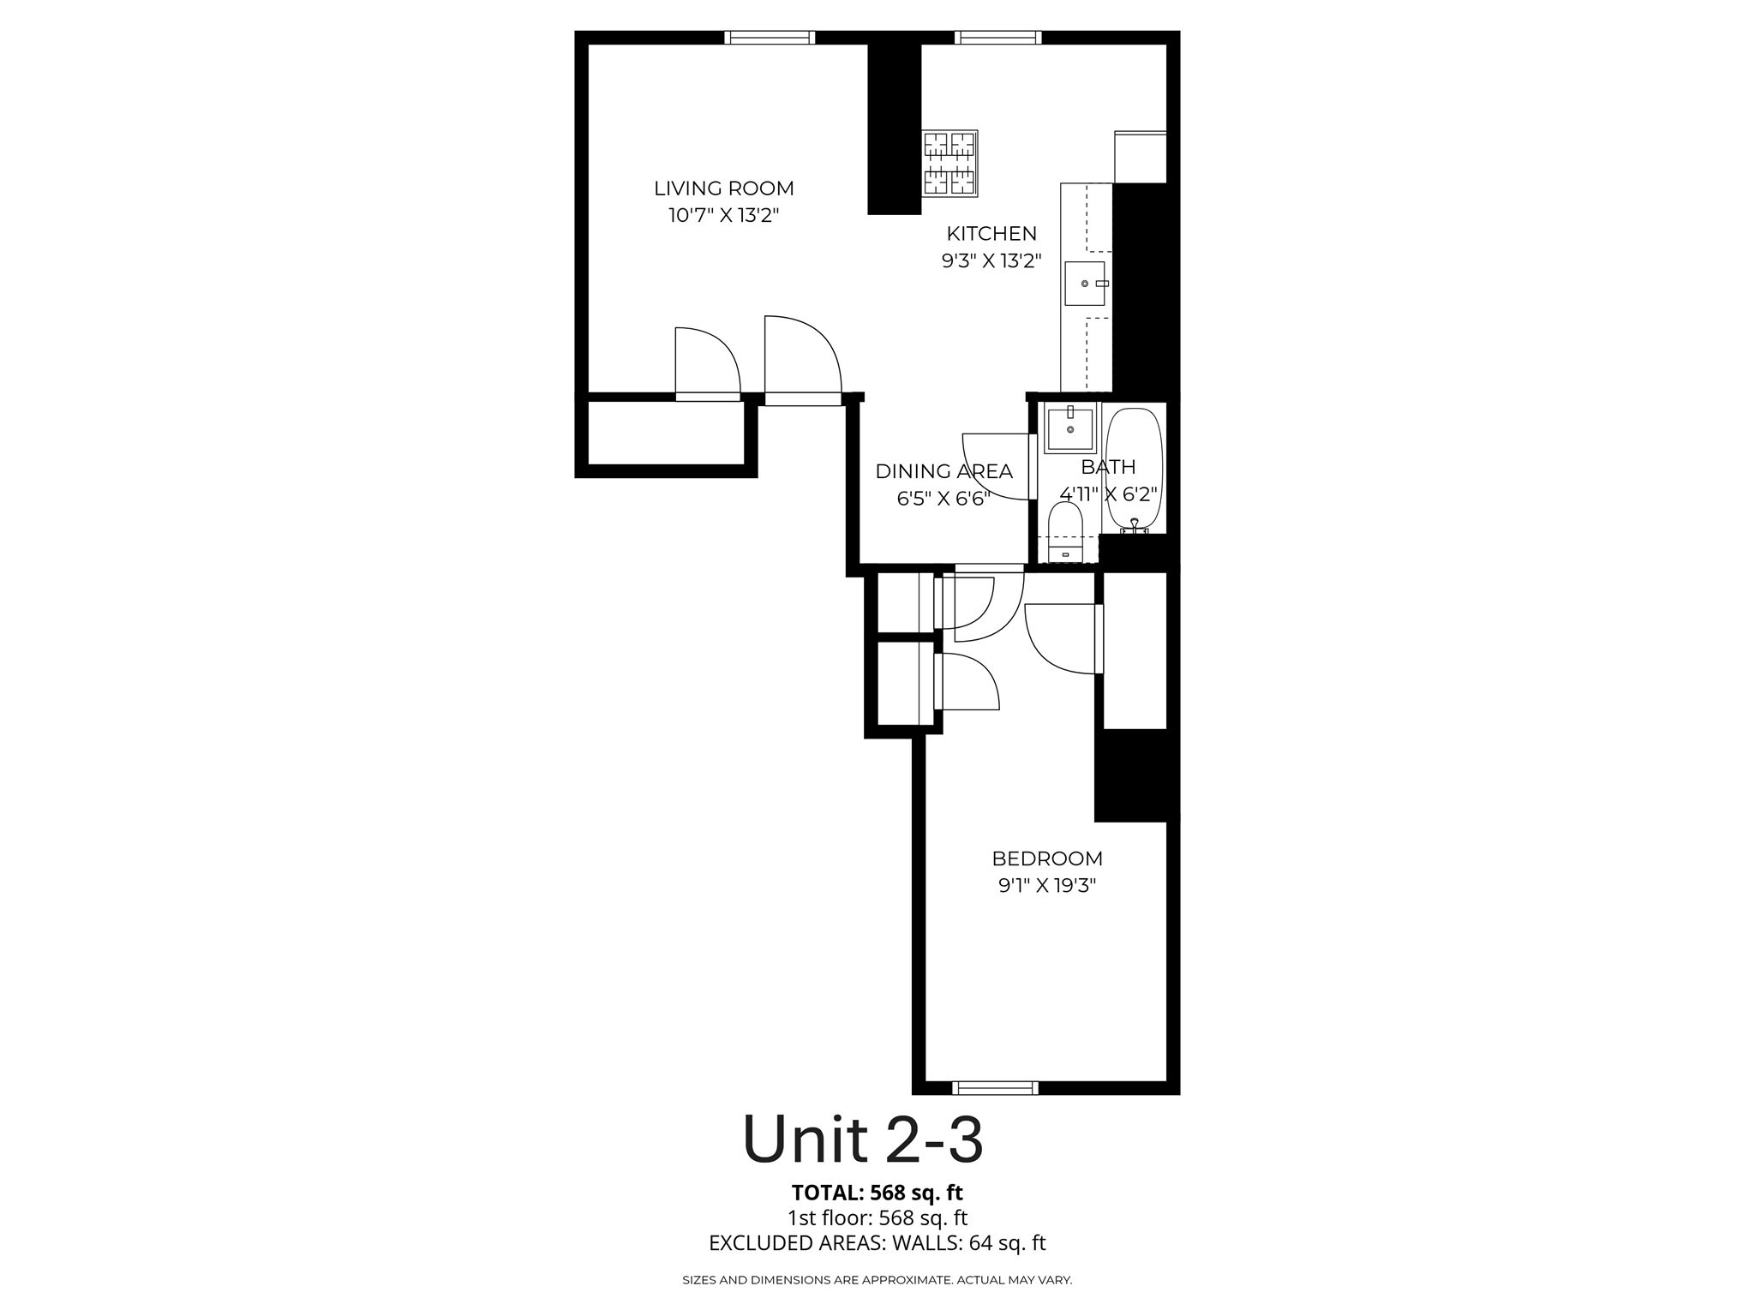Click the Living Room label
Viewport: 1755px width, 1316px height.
[x=724, y=188]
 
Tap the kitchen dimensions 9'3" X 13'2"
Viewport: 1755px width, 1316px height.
[x=991, y=260]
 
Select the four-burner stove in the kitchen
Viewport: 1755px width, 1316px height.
[x=950, y=163]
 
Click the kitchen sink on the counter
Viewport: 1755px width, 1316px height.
[x=1085, y=284]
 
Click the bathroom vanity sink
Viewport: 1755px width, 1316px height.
[x=1070, y=429]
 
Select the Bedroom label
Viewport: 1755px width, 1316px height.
[x=1047, y=858]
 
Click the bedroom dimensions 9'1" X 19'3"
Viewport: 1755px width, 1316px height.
[x=1047, y=886]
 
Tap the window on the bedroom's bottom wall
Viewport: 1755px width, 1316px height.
[x=995, y=1088]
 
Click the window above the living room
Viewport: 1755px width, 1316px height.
[x=770, y=37]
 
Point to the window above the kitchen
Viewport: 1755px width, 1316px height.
[x=998, y=37]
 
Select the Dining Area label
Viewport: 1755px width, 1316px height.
[x=943, y=471]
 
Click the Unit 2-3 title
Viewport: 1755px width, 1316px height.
[x=863, y=1140]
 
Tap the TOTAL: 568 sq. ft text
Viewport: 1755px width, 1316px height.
[x=877, y=1192]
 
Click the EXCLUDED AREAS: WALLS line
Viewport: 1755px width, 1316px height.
[x=877, y=1243]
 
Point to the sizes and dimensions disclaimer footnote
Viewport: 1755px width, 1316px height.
[x=877, y=1280]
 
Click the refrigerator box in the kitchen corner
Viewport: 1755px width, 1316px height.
[x=1140, y=157]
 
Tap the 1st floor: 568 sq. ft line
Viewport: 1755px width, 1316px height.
[x=877, y=1217]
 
